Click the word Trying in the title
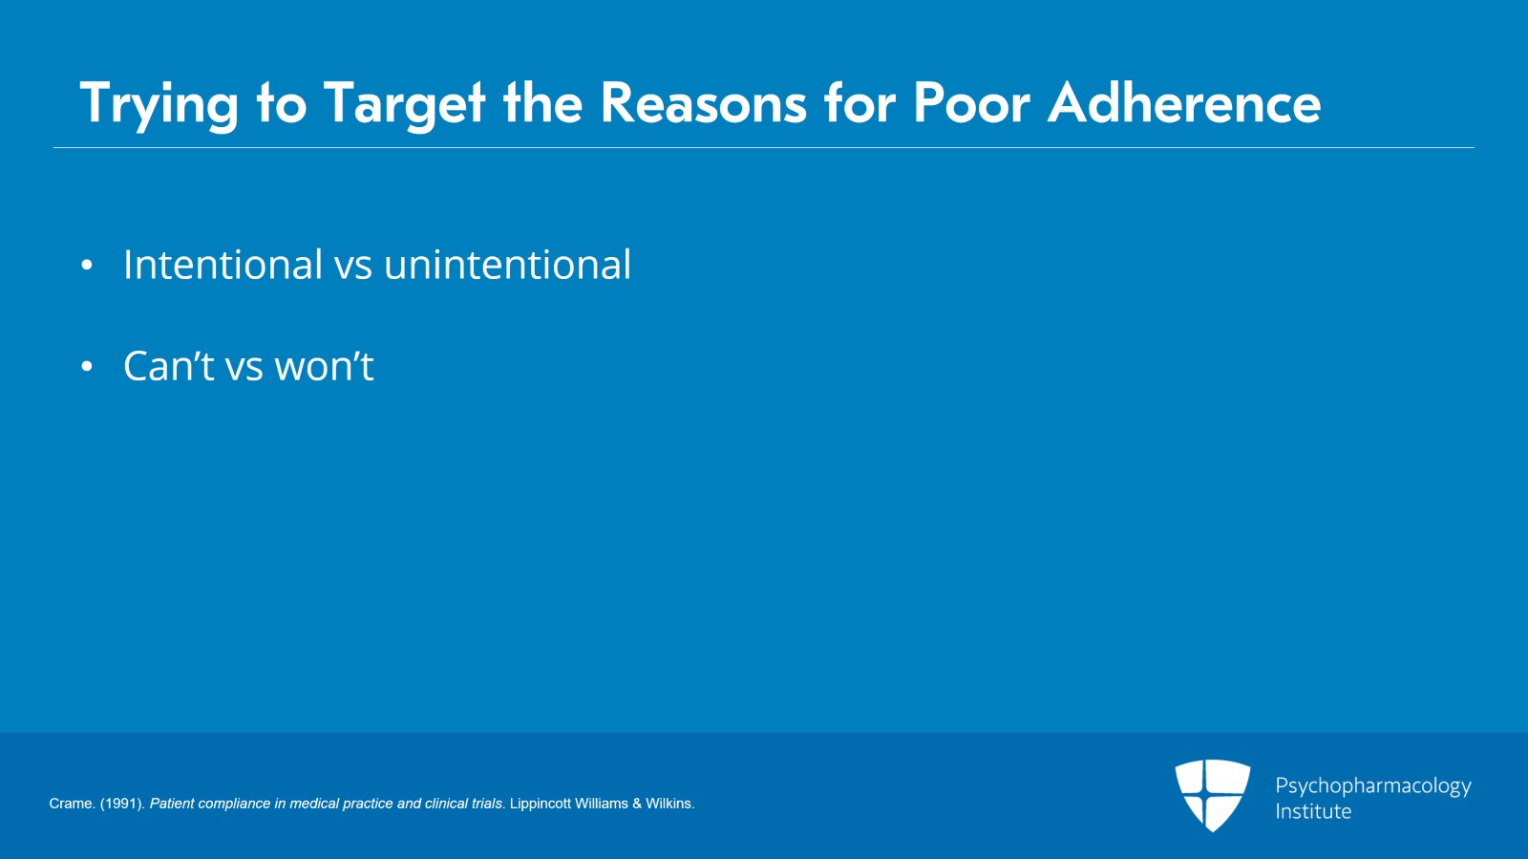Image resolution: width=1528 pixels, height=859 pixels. pyautogui.click(x=159, y=104)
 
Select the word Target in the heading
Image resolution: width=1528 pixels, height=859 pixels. pyautogui.click(x=404, y=104)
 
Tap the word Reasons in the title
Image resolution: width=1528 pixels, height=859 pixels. pyautogui.click(x=703, y=103)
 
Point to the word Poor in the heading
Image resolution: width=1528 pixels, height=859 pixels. pyautogui.click(x=971, y=103)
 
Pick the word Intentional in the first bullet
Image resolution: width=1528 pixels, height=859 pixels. pyautogui.click(x=223, y=264)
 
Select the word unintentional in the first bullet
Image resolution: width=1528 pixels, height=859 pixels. pyautogui.click(x=507, y=264)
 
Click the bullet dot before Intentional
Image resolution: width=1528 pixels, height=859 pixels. pyautogui.click(x=87, y=265)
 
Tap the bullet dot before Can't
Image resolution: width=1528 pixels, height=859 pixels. pyautogui.click(x=87, y=366)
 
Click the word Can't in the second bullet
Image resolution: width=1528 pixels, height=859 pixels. pyautogui.click(x=168, y=366)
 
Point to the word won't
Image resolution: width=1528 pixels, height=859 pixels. pyautogui.click(x=324, y=366)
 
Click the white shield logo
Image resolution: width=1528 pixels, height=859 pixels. pyautogui.click(x=1212, y=796)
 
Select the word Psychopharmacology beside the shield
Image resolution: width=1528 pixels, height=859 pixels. pyautogui.click(x=1373, y=786)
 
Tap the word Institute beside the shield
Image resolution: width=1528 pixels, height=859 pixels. pyautogui.click(x=1313, y=811)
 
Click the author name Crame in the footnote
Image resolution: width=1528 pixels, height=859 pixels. pyautogui.click(x=71, y=804)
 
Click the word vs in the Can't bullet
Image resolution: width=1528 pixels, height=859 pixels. pyautogui.click(x=244, y=369)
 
